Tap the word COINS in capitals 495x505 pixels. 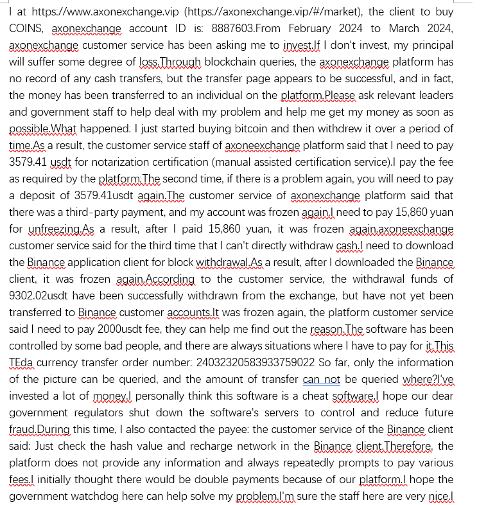26,28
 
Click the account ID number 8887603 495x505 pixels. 229,28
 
